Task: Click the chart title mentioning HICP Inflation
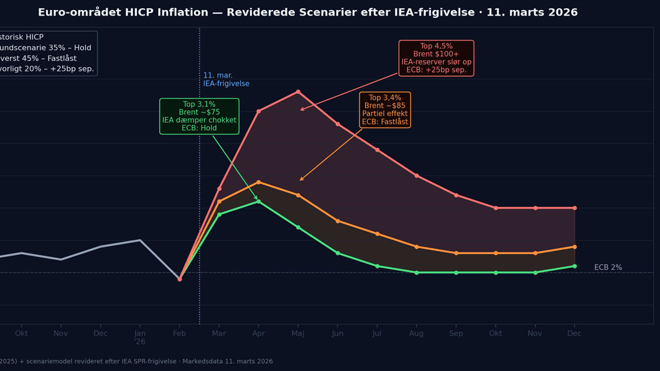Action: (307, 12)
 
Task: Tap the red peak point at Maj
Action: (298, 92)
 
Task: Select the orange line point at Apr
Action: (258, 182)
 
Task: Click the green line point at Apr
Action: (258, 201)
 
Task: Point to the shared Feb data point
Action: (180, 279)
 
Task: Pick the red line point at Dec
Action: (574, 208)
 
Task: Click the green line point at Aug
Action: (416, 272)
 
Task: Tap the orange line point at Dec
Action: (574, 247)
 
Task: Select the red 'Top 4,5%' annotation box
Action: (436, 58)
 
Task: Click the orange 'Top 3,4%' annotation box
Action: (384, 110)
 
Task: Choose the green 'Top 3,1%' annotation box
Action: (199, 116)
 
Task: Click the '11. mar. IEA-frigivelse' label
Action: (226, 80)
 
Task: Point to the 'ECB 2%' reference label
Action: (608, 267)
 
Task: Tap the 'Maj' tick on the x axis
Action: (298, 334)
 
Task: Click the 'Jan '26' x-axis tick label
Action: (140, 337)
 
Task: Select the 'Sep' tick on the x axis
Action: (456, 334)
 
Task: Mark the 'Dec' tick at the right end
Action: (574, 334)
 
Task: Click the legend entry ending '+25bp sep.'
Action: (46, 68)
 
